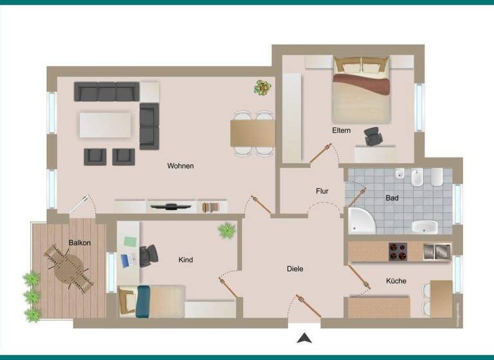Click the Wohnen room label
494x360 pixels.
[x=180, y=166]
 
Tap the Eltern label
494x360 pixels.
[x=342, y=130]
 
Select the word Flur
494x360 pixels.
[x=322, y=191]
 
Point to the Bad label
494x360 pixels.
[x=392, y=198]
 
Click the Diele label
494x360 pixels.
[x=295, y=269]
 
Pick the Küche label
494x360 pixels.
[x=396, y=281]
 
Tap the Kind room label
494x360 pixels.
[x=186, y=260]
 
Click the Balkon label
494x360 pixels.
[x=80, y=242]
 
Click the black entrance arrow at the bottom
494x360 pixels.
[x=304, y=337]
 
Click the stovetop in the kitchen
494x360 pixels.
[x=398, y=251]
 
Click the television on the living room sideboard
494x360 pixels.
[x=171, y=206]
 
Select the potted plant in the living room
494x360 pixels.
[x=262, y=87]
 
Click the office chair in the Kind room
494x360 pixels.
[x=149, y=255]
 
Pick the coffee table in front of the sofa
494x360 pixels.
[x=105, y=125]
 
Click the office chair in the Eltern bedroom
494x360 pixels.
[x=373, y=136]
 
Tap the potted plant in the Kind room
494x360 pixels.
[x=226, y=230]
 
